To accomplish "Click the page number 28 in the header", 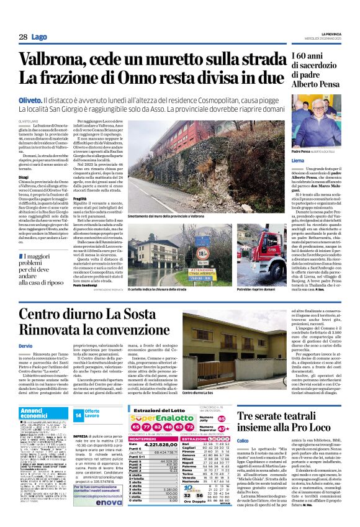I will [22, 37].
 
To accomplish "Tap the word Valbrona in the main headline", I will [55, 60].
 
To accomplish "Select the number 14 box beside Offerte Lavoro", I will [78, 415].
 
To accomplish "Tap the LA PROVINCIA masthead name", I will [326, 32].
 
